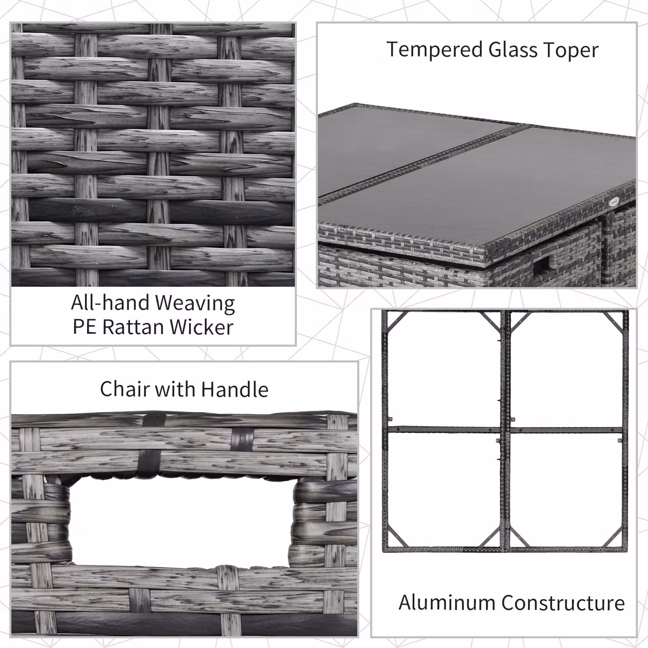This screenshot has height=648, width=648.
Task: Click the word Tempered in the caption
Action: tap(435, 49)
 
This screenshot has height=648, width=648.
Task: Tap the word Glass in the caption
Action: tap(513, 49)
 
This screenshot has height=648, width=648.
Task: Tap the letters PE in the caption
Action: tap(84, 327)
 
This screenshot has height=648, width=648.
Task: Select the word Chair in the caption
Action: tap(124, 389)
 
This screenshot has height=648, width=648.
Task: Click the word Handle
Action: tap(235, 389)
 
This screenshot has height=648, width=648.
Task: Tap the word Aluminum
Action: tap(447, 602)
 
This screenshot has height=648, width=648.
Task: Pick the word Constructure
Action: tap(563, 602)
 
